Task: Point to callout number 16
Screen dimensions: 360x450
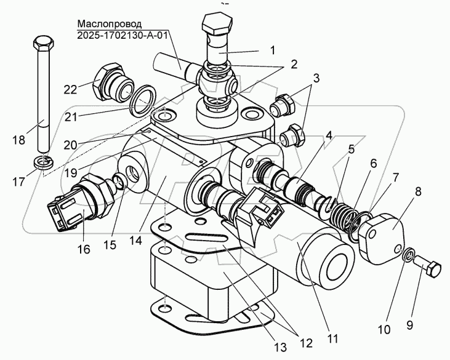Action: coord(84,249)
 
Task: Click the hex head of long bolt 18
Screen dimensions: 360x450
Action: coord(43,45)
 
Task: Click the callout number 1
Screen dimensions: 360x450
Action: coord(273,50)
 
